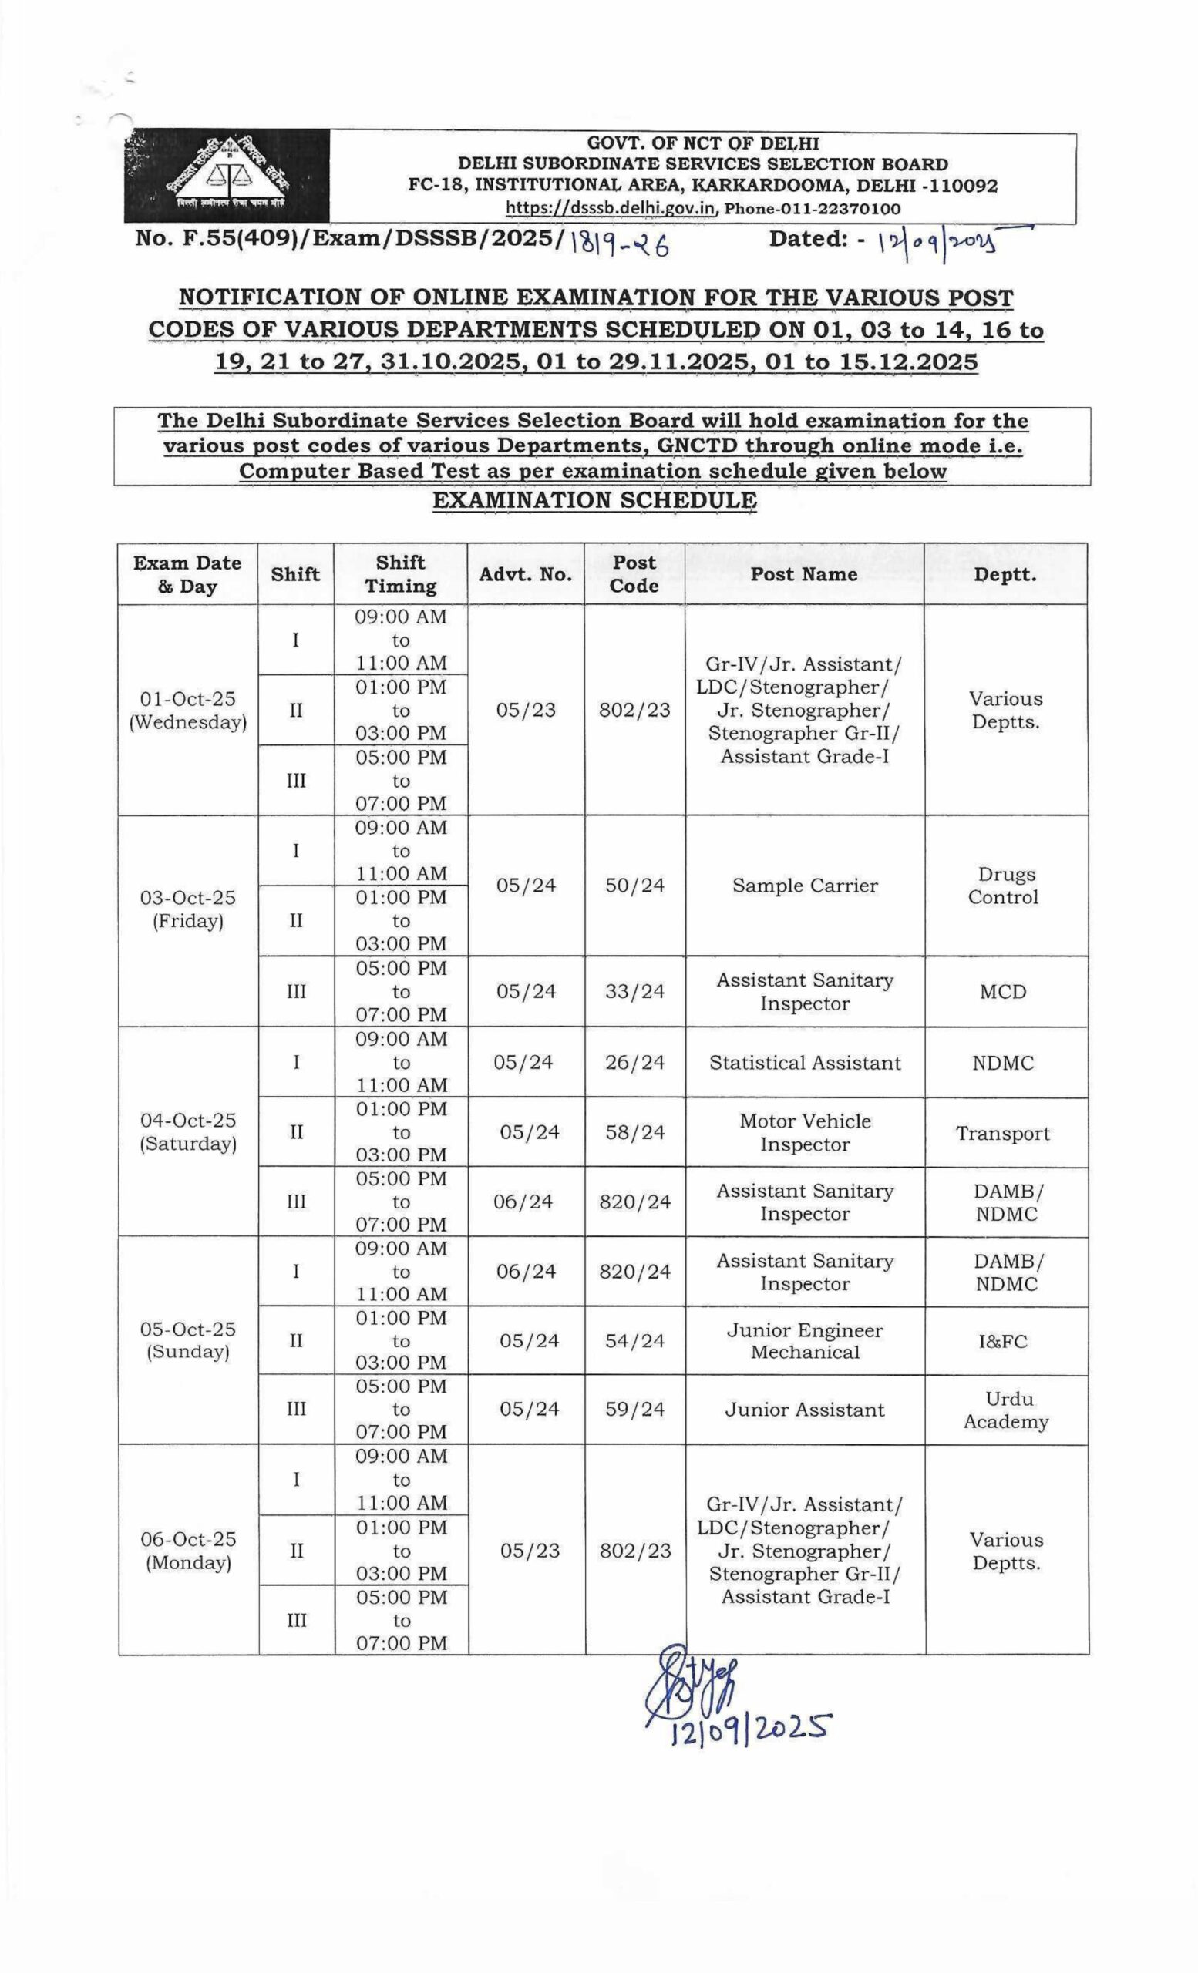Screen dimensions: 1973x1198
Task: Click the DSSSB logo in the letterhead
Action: click(x=226, y=176)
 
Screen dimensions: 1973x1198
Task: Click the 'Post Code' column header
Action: click(x=634, y=573)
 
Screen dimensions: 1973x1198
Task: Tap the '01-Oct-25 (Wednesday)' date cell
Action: click(x=188, y=711)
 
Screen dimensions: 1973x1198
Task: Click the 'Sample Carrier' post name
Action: click(x=805, y=886)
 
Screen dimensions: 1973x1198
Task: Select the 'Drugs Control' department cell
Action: click(x=1005, y=886)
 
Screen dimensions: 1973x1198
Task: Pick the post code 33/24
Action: click(x=635, y=991)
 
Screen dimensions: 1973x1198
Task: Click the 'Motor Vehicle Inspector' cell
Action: click(x=805, y=1132)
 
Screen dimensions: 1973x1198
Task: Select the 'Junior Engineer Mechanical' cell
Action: click(x=805, y=1341)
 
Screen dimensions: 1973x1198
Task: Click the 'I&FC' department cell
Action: click(x=1003, y=1341)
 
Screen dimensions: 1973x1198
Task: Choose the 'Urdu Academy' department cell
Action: click(x=1006, y=1410)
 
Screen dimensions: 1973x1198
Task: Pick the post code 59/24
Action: click(x=635, y=1410)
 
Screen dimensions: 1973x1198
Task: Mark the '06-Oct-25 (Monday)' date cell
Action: click(x=189, y=1551)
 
